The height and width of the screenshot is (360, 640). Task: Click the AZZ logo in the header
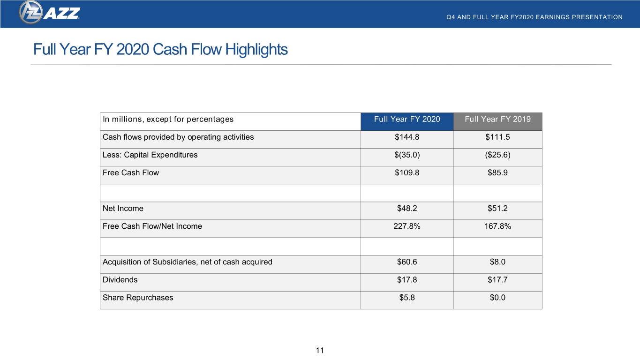[49, 13]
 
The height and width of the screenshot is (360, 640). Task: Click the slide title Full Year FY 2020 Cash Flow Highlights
[160, 49]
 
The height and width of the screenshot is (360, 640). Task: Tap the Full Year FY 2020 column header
[407, 119]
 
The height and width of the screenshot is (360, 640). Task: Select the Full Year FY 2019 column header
[497, 119]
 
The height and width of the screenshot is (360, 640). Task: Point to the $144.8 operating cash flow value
[407, 137]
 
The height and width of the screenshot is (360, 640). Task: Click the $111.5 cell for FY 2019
[497, 137]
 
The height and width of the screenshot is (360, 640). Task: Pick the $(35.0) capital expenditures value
[407, 155]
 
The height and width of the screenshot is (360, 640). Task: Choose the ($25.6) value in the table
[497, 155]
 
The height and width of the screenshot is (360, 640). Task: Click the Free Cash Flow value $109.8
[407, 173]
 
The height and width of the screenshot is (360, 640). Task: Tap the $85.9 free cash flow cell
[497, 173]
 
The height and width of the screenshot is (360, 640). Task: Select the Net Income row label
[123, 208]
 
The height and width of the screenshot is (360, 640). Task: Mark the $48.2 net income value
[407, 208]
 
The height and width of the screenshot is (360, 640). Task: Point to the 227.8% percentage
[407, 226]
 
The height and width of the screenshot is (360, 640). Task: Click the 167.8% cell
[497, 226]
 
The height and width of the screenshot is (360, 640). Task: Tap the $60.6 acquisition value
[407, 262]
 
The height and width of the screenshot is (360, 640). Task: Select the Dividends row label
[120, 280]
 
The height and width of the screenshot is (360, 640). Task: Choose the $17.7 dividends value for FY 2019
[497, 280]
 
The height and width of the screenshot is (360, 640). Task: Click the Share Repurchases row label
[138, 298]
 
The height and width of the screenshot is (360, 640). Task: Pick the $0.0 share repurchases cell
[497, 298]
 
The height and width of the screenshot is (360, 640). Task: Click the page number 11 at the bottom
[320, 350]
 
